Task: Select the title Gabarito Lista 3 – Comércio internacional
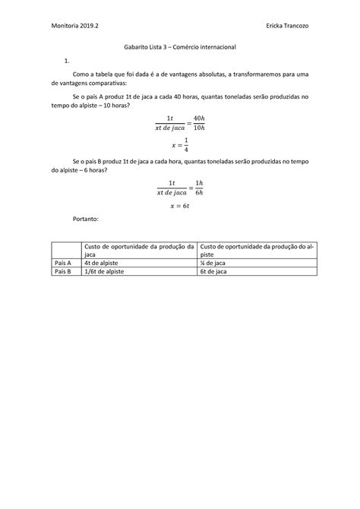pos(180,47)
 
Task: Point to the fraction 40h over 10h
pos(199,122)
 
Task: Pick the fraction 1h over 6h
pos(199,188)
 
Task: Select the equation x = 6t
pos(180,204)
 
